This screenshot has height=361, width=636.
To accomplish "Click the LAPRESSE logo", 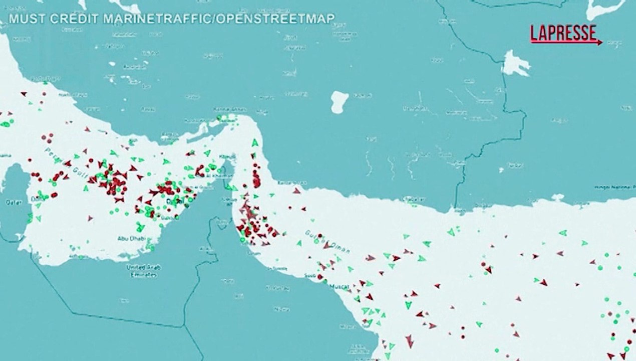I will [x=564, y=33].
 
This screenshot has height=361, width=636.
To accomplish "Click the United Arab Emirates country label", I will [x=144, y=271].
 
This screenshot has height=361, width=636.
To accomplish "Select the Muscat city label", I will [x=339, y=287].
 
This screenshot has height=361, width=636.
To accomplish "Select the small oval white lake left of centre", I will [x=339, y=102].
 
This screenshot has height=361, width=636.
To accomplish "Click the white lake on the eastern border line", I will [x=515, y=63].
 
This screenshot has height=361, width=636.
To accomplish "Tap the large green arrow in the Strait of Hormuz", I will [x=255, y=143].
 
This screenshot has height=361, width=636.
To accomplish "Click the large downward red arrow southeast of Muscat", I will [x=410, y=341].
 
